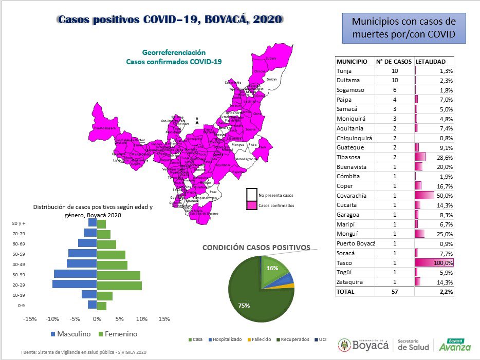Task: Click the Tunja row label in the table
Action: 345,71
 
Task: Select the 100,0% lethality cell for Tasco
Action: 434,263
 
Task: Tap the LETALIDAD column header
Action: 431,61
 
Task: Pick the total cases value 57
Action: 394,292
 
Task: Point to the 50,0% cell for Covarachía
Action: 434,196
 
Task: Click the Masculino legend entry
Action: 71,334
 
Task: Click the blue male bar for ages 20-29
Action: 75,284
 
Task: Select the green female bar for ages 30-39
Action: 119,275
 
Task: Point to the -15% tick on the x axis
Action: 30,319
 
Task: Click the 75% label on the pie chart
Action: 244,306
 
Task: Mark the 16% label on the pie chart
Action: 272,268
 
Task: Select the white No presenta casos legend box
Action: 251,195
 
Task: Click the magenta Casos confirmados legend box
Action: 251,205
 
